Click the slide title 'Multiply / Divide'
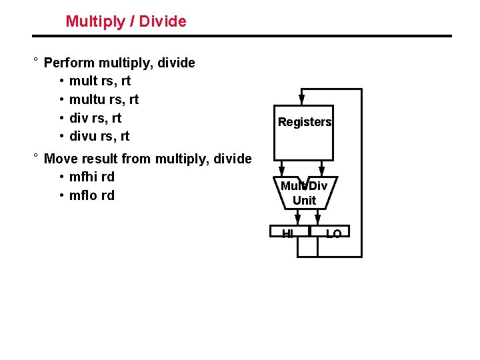click(x=126, y=21)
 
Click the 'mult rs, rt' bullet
click(x=99, y=81)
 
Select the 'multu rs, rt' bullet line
click(x=103, y=100)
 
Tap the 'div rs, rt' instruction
click(x=95, y=119)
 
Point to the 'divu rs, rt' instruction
click(x=99, y=137)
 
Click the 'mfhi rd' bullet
click(x=91, y=177)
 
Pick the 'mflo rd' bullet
click(x=91, y=195)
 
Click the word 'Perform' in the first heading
click(x=69, y=63)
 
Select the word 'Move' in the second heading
click(x=59, y=159)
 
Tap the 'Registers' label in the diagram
click(x=305, y=122)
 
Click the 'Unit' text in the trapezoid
click(x=305, y=200)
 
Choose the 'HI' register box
click(x=289, y=233)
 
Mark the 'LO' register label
click(x=333, y=233)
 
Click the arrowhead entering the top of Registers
click(x=301, y=101)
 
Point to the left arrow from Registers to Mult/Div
click(x=283, y=168)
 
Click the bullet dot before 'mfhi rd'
click(x=61, y=177)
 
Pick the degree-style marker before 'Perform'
click(x=35, y=61)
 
